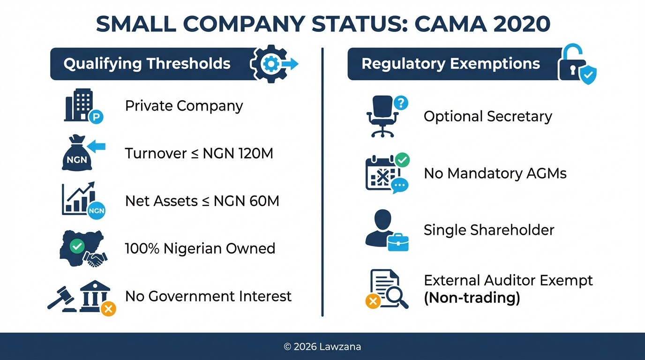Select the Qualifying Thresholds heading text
coord(147,64)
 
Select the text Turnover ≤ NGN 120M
coord(199,153)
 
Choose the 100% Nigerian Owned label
coord(200,248)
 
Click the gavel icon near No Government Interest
coord(61,299)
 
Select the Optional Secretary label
coord(487,117)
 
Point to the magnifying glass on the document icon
coord(395,296)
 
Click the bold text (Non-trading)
coord(472,298)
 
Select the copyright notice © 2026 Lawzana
coord(322,347)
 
